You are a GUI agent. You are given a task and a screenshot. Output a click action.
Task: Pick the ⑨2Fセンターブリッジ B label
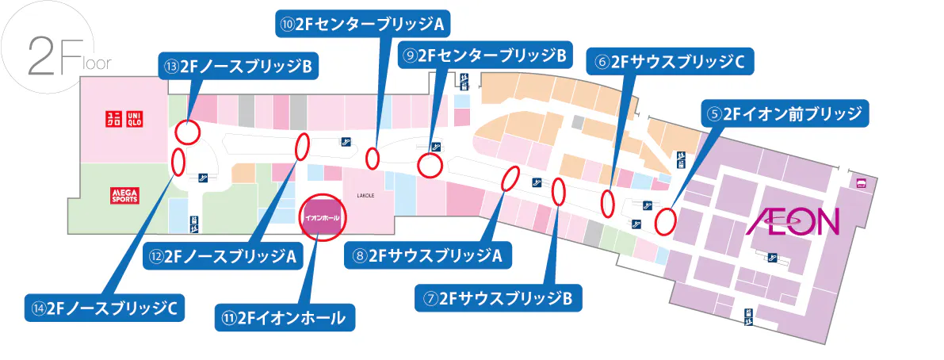(x=483, y=56)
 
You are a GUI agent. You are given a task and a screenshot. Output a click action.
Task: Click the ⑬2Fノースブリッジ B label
(x=238, y=67)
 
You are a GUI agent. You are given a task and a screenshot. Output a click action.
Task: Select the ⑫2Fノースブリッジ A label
(x=222, y=256)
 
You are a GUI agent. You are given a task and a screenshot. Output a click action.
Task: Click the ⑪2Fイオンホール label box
(x=285, y=318)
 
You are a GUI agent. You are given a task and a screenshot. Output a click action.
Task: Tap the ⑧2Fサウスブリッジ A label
(x=428, y=255)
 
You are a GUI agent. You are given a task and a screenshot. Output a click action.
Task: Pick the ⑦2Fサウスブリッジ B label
(x=499, y=298)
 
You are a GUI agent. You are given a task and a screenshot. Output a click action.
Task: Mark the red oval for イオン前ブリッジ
(x=665, y=221)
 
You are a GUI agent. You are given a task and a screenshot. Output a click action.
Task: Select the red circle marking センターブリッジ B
(x=429, y=166)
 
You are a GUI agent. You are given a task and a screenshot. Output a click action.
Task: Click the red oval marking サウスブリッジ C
(x=608, y=204)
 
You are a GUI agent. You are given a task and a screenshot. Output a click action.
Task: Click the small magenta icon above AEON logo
(x=861, y=183)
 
